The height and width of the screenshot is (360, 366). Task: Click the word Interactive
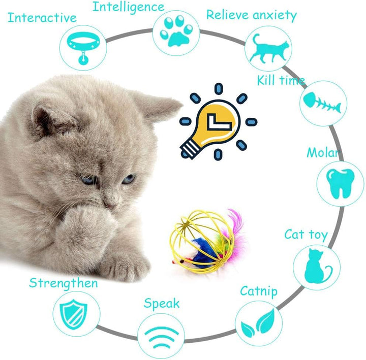42,18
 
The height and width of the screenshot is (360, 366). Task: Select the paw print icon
176,31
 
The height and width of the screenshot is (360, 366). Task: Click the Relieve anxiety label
252,15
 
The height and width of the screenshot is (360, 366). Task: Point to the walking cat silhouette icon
268,49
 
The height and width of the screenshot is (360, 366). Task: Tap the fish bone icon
322,103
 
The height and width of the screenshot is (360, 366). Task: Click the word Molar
323,153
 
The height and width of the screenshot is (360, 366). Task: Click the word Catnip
259,291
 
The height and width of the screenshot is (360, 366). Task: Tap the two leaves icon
258,323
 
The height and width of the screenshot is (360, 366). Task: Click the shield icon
74,314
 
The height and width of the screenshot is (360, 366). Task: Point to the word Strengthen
64,283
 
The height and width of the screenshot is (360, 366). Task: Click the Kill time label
281,80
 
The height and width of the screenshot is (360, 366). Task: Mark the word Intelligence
129,7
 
